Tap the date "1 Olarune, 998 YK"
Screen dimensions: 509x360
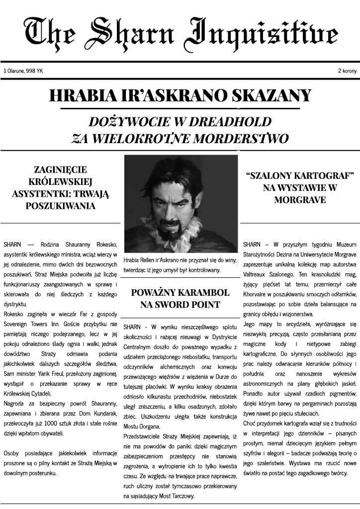23,71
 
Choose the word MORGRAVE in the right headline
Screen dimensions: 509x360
300,200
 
